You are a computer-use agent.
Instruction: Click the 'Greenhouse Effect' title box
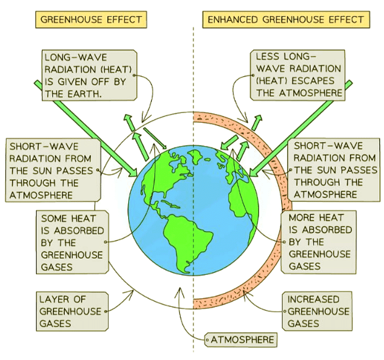click(91, 20)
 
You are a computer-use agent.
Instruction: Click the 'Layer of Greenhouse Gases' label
click(71, 311)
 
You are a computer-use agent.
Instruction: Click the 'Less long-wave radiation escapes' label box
click(298, 75)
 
